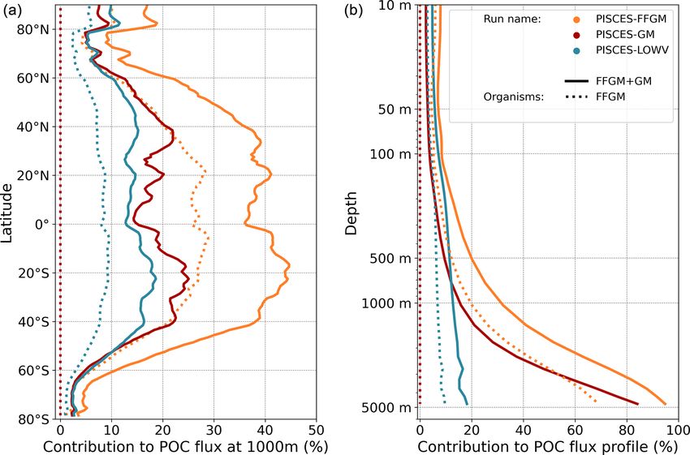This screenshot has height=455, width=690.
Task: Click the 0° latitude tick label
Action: tap(44, 224)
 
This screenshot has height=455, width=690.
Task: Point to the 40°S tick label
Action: tap(37, 321)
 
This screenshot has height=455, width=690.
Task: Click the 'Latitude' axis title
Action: tap(8, 212)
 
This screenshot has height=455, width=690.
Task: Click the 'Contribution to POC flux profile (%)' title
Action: tap(547, 446)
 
